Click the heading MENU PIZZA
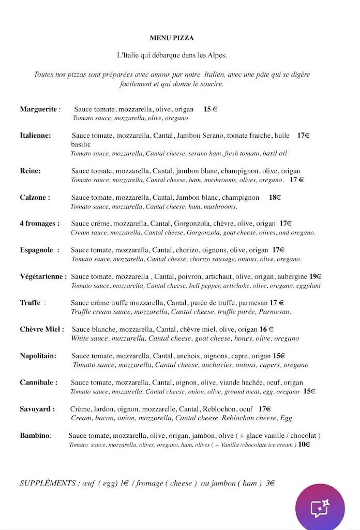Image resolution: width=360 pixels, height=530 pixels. pyautogui.click(x=172, y=38)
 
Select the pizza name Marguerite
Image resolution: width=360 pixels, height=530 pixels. pyautogui.click(x=38, y=109)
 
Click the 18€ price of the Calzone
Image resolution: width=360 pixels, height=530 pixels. pyautogui.click(x=275, y=197)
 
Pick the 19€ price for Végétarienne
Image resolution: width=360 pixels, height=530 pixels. pyautogui.click(x=316, y=276)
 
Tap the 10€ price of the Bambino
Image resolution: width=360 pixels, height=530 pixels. pyautogui.click(x=305, y=445)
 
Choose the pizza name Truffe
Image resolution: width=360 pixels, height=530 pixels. pyautogui.click(x=30, y=303)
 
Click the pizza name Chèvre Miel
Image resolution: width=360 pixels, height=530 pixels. pyautogui.click(x=42, y=329)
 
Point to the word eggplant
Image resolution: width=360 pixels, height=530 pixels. pyautogui.click(x=309, y=285)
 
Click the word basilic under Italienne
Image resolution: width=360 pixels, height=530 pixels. pyautogui.click(x=81, y=144)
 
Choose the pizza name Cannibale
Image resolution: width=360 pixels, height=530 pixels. pyautogui.click(x=38, y=382)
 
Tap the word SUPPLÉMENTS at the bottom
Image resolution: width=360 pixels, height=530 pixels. pyautogui.click(x=48, y=483)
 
